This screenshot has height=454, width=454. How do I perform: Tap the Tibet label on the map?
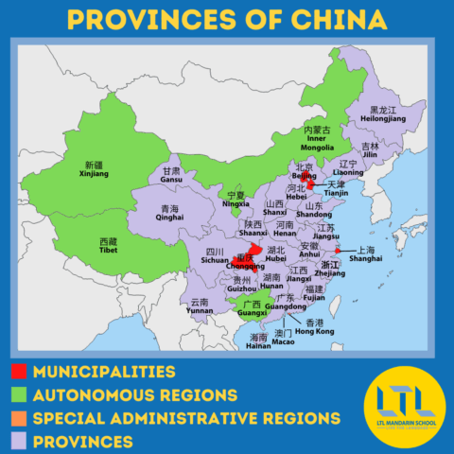[x=110, y=247]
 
